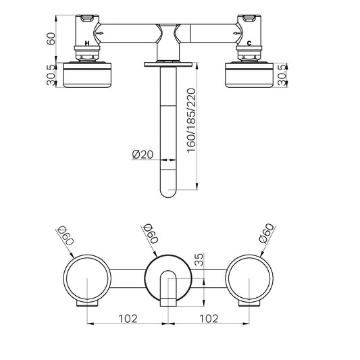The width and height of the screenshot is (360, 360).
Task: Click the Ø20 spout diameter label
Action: tap(143, 154)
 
